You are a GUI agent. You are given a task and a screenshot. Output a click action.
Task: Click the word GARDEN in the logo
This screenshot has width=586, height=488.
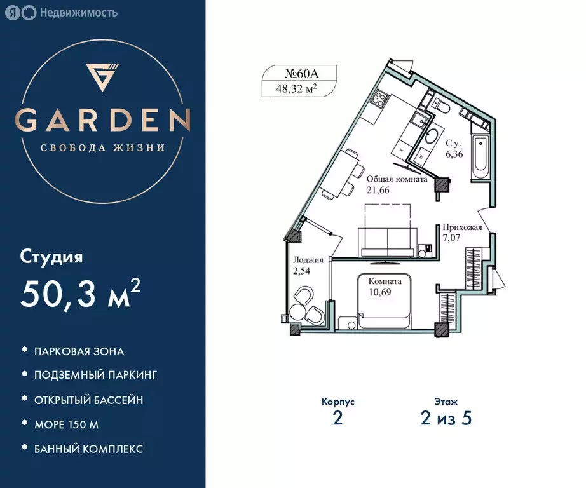pyautogui.click(x=102, y=120)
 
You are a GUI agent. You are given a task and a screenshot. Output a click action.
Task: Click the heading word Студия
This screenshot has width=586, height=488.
pyautogui.click(x=52, y=257)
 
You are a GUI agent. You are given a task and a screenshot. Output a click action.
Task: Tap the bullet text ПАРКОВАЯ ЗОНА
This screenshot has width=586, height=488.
pyautogui.click(x=79, y=351)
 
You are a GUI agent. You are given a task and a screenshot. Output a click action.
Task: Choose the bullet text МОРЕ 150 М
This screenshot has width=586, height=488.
pyautogui.click(x=67, y=424)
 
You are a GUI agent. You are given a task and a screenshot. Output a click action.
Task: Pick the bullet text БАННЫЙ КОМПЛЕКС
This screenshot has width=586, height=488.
pyautogui.click(x=89, y=449)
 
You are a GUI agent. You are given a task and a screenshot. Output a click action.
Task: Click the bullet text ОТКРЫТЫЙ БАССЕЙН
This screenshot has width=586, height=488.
pyautogui.click(x=89, y=400)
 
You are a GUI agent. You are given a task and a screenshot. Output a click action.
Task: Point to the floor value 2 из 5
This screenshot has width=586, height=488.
pyautogui.click(x=446, y=419)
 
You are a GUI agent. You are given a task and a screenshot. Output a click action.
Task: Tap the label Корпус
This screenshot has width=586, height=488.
pyautogui.click(x=337, y=402)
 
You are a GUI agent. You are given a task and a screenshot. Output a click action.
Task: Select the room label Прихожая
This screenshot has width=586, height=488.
pyautogui.click(x=462, y=227)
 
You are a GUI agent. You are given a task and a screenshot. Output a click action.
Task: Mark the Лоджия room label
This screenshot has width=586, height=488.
pyautogui.click(x=308, y=260)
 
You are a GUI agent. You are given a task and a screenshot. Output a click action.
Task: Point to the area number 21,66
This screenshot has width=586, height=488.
pyautogui.click(x=378, y=189)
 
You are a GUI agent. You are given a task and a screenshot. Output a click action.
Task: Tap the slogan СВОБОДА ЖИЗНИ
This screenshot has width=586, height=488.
pyautogui.click(x=102, y=147)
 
